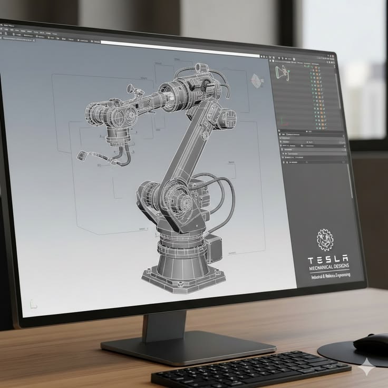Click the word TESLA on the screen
coord(327,259)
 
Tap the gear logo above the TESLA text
coord(325,240)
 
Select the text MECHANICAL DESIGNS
coord(328,268)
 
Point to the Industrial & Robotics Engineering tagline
coord(330,276)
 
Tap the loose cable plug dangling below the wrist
coord(83,155)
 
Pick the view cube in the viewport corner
coord(257,81)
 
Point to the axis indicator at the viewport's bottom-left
coord(33,304)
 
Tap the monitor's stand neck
coord(164,326)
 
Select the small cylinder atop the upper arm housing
coord(200,68)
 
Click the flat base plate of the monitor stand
coord(188,347)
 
